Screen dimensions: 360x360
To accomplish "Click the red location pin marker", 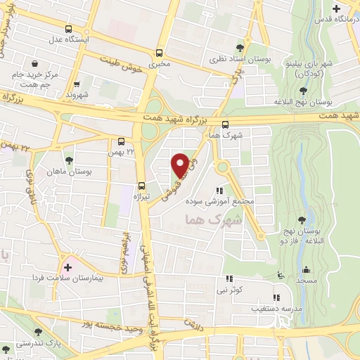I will pos(181,165).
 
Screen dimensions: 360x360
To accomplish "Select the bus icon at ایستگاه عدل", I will pos(69,30).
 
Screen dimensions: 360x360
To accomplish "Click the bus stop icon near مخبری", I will pos(160,53).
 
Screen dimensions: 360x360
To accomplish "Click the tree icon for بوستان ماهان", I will pos(68,162).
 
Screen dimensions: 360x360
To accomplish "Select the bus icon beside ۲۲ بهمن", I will pos(122,141).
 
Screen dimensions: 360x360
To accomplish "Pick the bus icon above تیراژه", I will pos(142,186).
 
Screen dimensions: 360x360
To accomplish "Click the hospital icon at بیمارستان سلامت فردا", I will pos(67,267).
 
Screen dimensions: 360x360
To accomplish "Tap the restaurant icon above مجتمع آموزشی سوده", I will pos(220,191).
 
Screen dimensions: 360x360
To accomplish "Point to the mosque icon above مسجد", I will pos(306,269).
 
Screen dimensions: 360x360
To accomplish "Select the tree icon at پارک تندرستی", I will pos(37,333).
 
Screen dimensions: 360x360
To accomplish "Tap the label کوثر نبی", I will pos(231,290).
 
